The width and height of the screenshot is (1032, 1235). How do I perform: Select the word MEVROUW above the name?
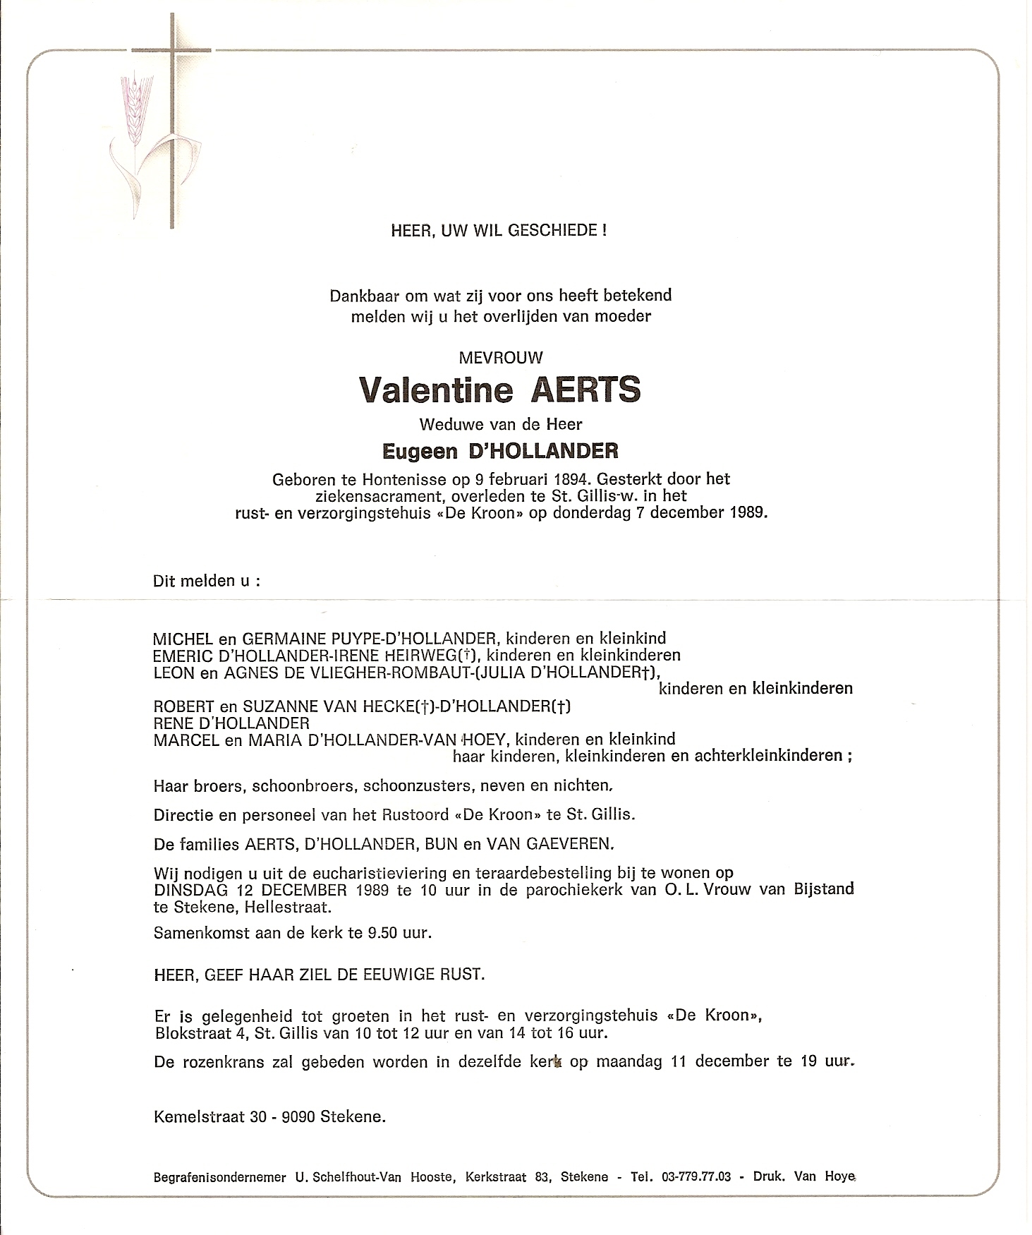[501, 358]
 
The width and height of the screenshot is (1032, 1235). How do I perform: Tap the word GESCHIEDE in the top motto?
[563, 230]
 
